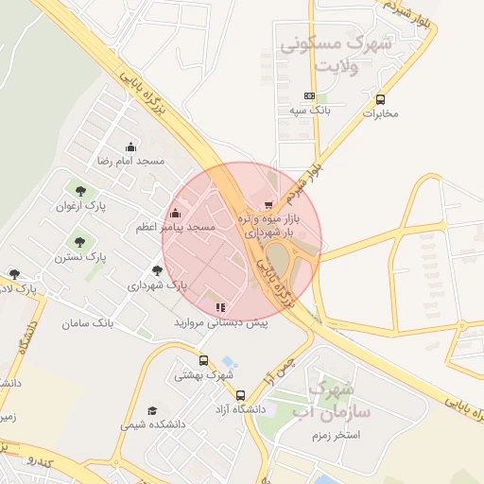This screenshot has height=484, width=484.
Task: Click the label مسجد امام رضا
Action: coord(130,162)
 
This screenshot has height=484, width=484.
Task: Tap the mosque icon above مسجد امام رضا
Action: coord(130,147)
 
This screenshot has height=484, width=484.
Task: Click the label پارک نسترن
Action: coord(79,256)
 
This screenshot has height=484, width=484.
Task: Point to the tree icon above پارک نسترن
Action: coord(79,241)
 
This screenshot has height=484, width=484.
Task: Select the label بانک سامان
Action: coord(88,324)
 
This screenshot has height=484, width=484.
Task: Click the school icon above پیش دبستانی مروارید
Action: coord(220,307)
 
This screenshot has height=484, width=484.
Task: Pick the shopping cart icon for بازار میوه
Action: coord(268,204)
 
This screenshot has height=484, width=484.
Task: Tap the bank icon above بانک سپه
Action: coord(309,96)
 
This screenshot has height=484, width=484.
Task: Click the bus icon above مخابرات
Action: coord(380,98)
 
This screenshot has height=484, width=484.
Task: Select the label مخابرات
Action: coord(381,113)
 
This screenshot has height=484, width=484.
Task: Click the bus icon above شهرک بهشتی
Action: coord(203,360)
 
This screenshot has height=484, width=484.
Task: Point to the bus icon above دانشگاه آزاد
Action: coord(240,394)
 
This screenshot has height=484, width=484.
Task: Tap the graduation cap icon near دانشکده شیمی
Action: coord(152,411)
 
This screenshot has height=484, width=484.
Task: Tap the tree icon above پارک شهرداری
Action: coord(157,269)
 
